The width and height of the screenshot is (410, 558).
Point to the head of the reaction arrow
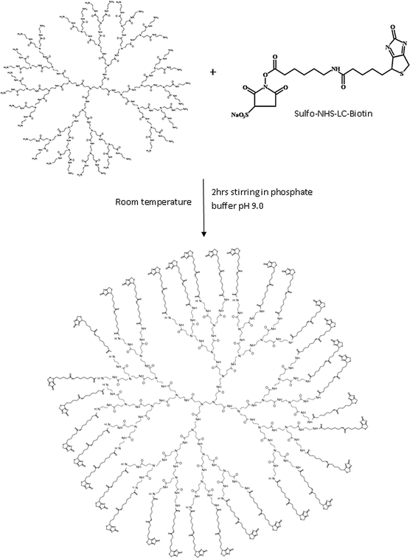coord(203,235)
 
